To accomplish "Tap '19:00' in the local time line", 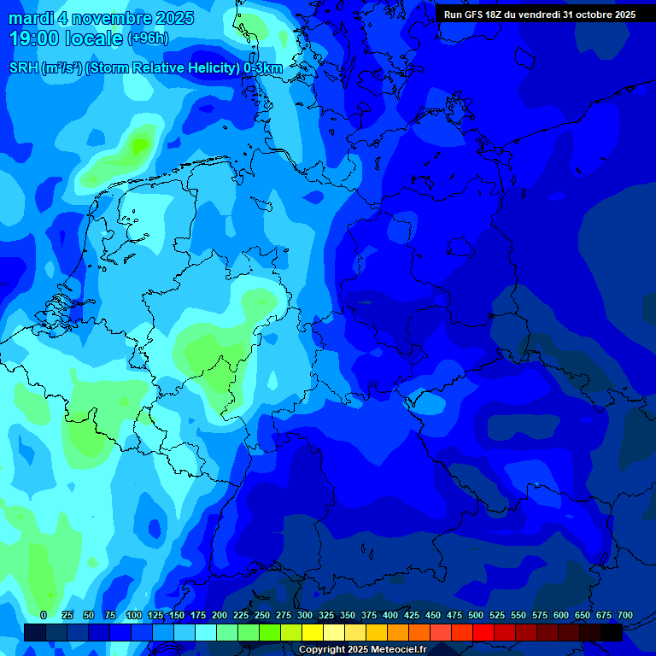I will (x=34, y=38).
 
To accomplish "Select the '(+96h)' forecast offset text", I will (x=148, y=38).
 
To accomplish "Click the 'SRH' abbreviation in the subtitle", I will (x=23, y=68).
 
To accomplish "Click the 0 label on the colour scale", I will (x=44, y=615).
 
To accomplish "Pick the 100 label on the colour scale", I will (x=133, y=615).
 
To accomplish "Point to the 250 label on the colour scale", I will (x=261, y=615).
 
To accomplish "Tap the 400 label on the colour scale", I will (x=389, y=615).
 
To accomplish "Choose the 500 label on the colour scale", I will (x=475, y=615).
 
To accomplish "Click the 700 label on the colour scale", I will (x=624, y=615).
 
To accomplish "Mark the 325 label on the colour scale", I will (x=325, y=615).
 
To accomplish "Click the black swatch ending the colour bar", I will (x=612, y=632).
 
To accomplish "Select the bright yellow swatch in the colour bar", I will (x=313, y=632).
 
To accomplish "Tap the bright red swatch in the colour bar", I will (x=483, y=632).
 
